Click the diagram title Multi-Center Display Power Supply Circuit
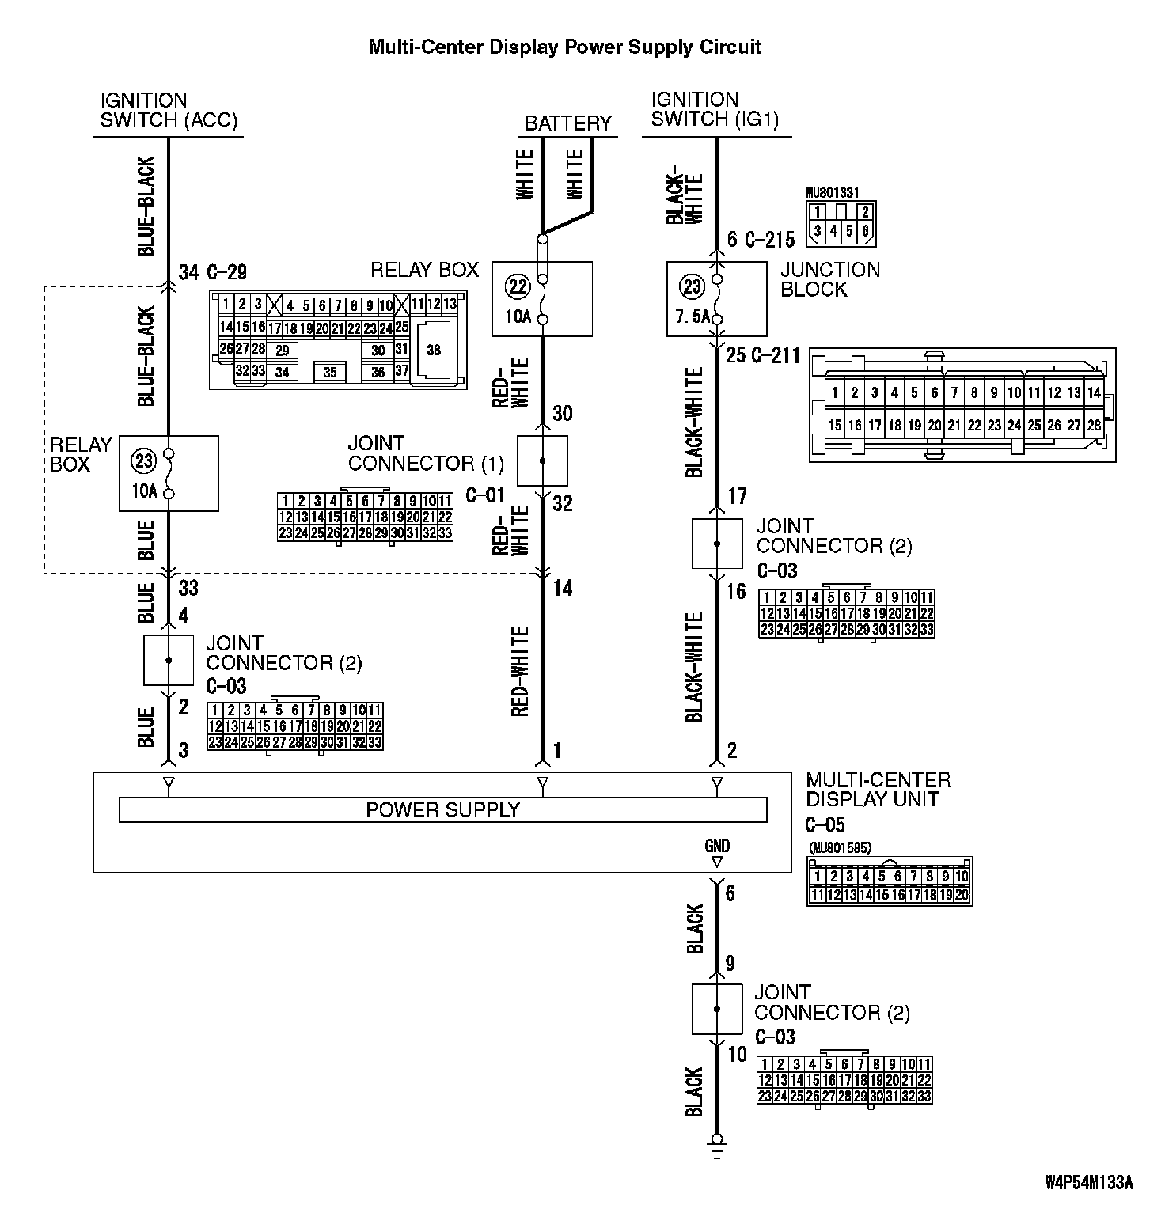[x=564, y=47]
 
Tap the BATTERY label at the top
[x=568, y=123]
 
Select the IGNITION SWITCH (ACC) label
[x=169, y=111]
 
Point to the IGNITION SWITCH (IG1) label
[x=715, y=110]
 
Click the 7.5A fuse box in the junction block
[x=716, y=299]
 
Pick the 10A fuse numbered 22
[x=542, y=299]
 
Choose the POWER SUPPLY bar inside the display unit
[x=442, y=810]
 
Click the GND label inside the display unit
[x=717, y=846]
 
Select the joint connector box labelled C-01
[x=542, y=460]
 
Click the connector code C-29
[x=226, y=273]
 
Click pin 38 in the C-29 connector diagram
[x=434, y=349]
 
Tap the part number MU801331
[x=832, y=192]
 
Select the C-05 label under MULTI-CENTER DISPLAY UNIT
[x=825, y=824]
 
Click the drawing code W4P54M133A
[x=1088, y=1183]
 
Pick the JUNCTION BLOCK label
[x=829, y=279]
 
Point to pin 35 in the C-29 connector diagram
[x=329, y=372]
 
